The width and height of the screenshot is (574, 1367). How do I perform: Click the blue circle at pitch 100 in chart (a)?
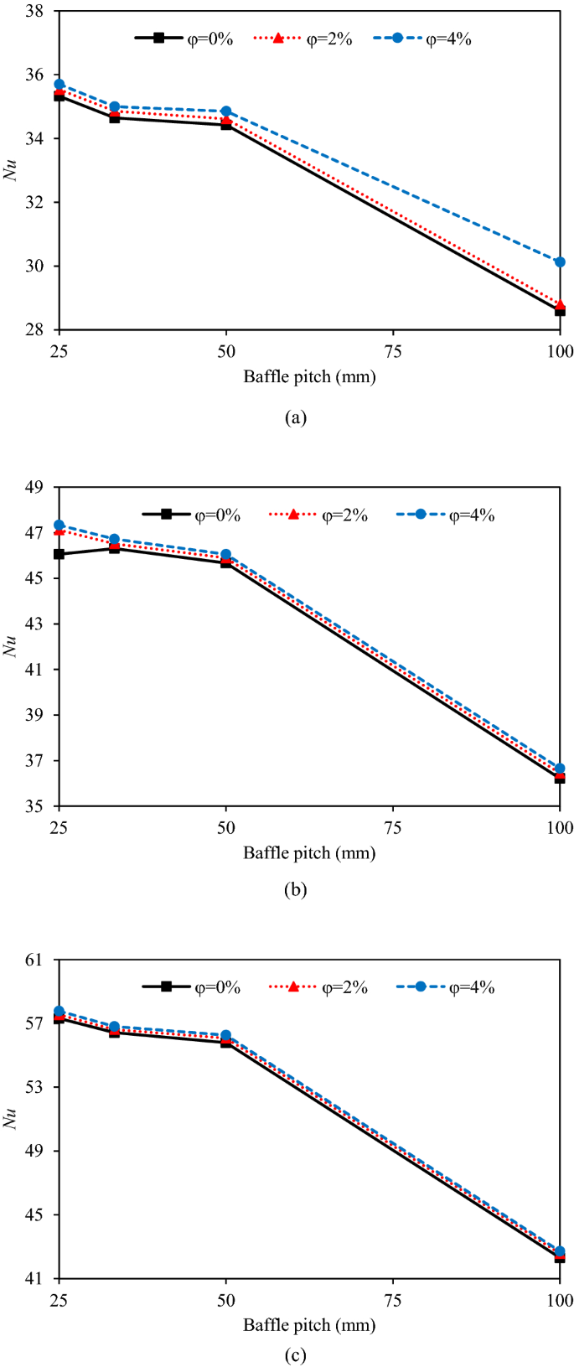[560, 261]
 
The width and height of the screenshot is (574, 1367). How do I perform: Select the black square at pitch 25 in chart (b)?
[59, 554]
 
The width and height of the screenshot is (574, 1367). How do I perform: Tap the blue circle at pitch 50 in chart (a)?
[225, 111]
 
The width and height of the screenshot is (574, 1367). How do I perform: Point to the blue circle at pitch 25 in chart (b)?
[59, 525]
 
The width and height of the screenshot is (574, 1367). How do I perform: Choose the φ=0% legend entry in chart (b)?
[191, 515]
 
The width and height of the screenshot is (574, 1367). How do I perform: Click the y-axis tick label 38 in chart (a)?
[37, 12]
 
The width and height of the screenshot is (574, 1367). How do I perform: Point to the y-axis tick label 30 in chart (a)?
[37, 267]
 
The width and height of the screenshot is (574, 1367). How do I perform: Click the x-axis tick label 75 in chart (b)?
[393, 828]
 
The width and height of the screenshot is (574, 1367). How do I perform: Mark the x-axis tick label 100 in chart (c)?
[559, 1301]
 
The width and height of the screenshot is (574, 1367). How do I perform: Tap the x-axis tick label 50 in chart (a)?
[225, 351]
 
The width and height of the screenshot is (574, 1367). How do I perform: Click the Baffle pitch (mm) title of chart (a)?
[309, 377]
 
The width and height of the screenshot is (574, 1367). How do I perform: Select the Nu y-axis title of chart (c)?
[11, 1119]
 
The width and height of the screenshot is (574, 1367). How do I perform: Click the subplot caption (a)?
[296, 417]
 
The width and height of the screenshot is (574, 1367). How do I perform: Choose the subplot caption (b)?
[296, 890]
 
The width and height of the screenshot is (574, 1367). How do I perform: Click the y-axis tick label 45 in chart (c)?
[37, 1215]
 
